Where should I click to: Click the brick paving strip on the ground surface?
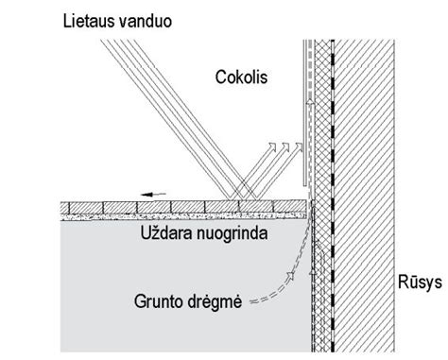[189, 207]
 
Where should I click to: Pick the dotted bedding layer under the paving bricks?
[189, 216]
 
